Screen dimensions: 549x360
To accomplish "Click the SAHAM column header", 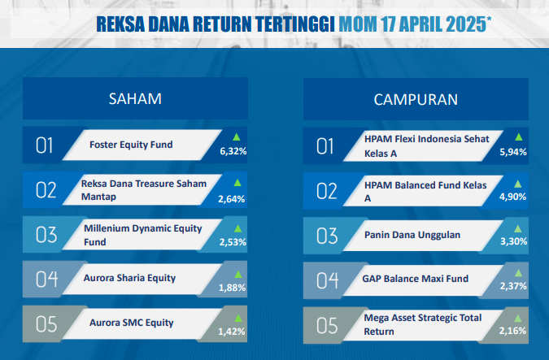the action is point(135,98).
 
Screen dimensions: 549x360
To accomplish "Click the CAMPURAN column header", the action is point(416,100).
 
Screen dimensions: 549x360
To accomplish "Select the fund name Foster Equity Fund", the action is point(131,145).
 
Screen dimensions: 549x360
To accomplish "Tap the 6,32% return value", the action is point(233,151).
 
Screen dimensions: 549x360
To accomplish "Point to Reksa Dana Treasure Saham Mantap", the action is point(143,190).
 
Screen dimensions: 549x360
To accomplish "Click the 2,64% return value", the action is point(232,199).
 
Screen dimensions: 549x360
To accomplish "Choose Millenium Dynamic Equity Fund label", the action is point(143,235).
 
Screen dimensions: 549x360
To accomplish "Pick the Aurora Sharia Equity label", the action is point(129,278).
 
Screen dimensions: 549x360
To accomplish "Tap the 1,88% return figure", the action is point(232,288).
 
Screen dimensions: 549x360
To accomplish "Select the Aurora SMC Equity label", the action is point(131,323).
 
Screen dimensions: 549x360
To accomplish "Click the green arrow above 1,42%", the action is point(238,318).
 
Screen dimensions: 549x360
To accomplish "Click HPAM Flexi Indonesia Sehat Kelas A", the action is point(426,146).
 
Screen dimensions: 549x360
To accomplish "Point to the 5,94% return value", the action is point(513,152).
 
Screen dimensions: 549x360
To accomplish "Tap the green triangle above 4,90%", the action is point(517,184).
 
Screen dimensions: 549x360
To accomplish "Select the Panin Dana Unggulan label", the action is point(412,235).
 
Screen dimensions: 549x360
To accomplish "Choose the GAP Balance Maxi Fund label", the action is point(416,279).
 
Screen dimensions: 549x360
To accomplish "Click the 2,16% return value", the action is point(512,331).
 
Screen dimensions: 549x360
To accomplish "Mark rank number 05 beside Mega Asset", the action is point(327,326).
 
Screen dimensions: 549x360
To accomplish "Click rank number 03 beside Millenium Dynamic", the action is point(46,235).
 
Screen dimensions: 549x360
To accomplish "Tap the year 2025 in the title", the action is point(466,24).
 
